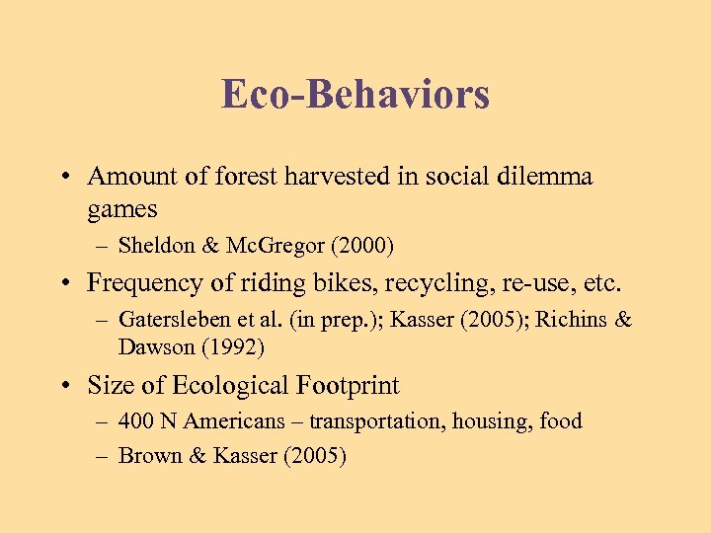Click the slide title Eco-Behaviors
coord(355,94)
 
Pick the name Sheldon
coord(152,245)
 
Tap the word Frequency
coord(141,284)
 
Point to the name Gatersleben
coord(174,320)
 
